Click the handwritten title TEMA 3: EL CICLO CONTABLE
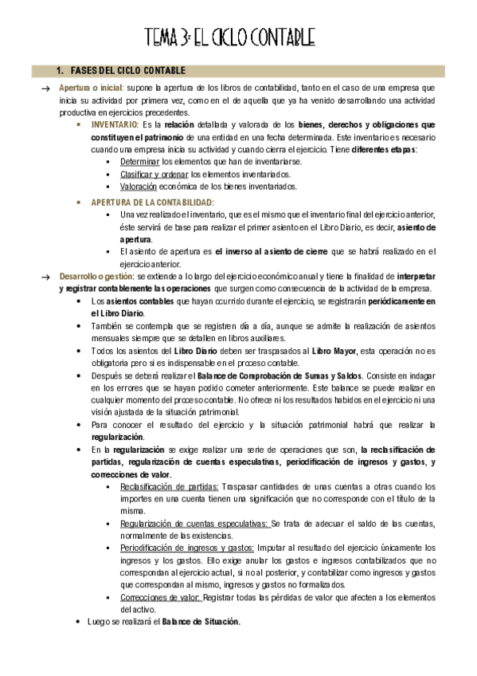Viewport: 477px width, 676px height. pos(230,37)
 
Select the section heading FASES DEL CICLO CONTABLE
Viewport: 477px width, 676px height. pos(128,72)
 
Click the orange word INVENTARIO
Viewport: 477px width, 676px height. pos(114,125)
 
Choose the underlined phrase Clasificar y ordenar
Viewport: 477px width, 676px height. pos(154,174)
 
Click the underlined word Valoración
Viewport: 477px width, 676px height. pos(139,187)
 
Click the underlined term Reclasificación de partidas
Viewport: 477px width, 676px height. pos(169,486)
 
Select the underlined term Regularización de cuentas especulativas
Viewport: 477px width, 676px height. pos(195,524)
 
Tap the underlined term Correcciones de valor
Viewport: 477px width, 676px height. pos(159,596)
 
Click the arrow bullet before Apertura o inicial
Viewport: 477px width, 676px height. pos(46,88)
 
